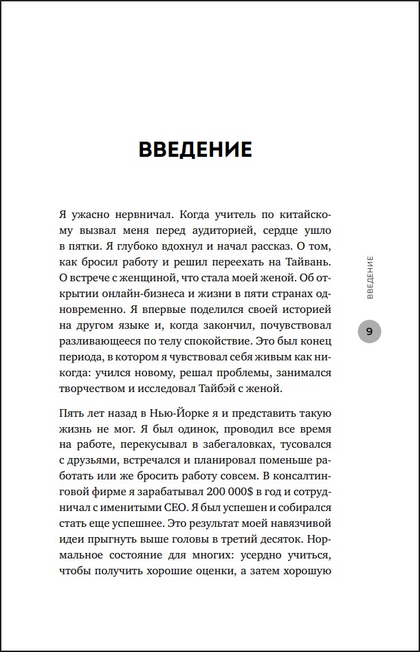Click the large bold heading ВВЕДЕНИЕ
tap(195, 150)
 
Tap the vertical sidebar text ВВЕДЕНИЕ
tap(371, 277)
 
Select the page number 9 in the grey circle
tap(370, 332)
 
